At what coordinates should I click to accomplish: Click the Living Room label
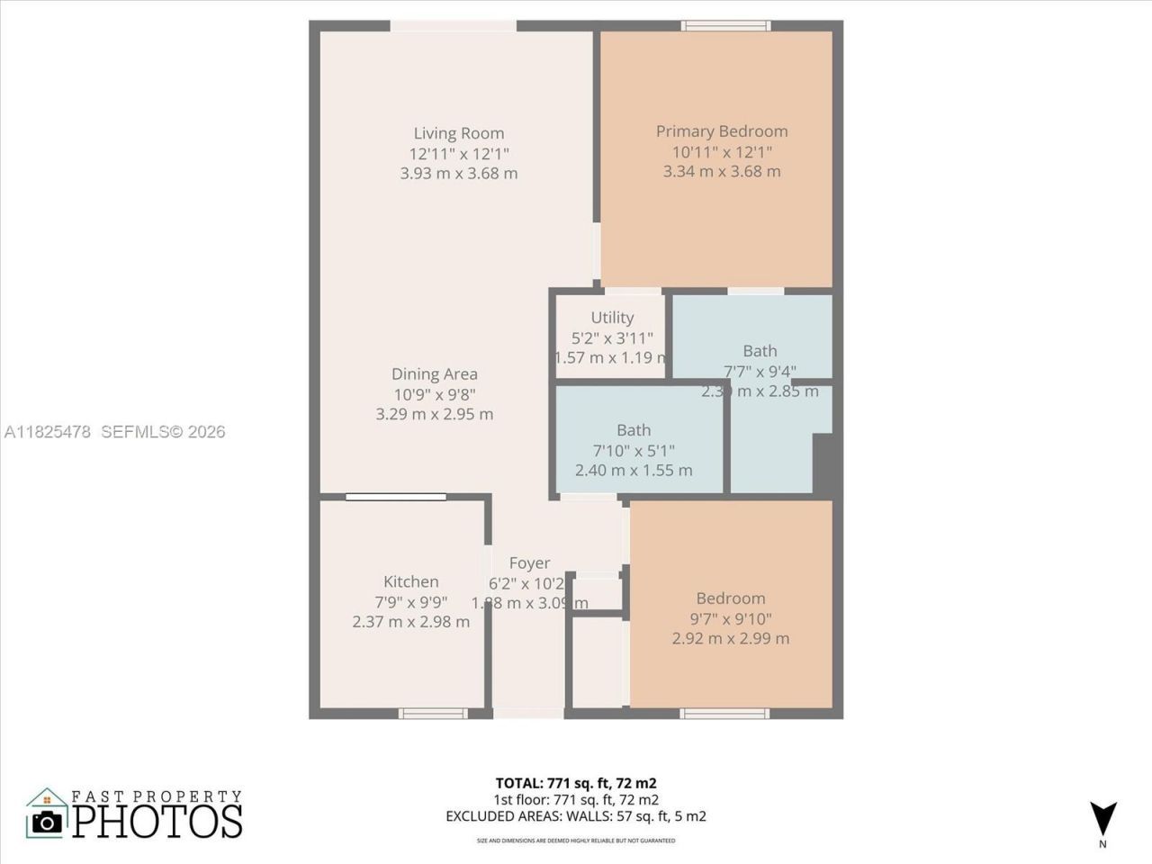tap(458, 133)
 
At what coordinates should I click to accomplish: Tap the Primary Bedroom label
tap(721, 131)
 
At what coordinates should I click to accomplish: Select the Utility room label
tap(612, 318)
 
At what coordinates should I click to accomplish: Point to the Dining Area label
tap(434, 374)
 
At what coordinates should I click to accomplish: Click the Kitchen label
tap(410, 582)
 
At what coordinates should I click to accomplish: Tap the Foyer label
tap(529, 563)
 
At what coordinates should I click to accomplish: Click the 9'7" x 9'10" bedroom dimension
tap(730, 618)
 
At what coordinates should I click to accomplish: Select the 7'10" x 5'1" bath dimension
tap(634, 450)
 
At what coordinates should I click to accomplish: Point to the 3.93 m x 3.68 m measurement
tap(458, 173)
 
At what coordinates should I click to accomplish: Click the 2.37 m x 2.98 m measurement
tap(410, 622)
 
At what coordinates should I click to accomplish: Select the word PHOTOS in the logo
tap(157, 821)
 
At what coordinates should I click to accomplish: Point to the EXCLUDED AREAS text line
tap(575, 816)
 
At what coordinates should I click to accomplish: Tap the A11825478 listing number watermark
tap(48, 432)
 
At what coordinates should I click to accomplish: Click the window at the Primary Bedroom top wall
tap(725, 25)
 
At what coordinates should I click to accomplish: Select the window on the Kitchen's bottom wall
tap(433, 714)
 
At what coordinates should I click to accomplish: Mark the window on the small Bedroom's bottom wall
tap(725, 714)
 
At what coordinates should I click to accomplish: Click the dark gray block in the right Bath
tap(826, 463)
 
